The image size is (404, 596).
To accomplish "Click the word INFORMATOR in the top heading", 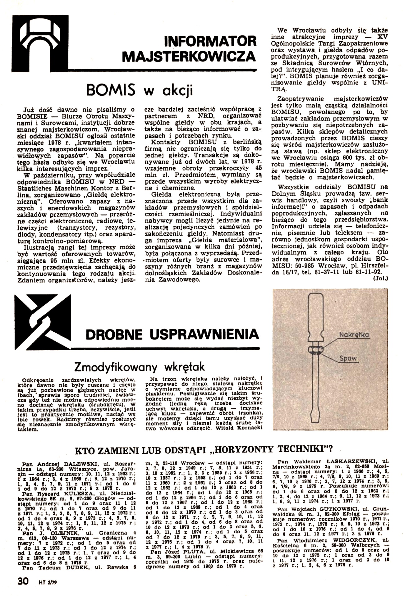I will (x=210, y=41).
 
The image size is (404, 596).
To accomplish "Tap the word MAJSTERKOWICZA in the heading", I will (x=189, y=57).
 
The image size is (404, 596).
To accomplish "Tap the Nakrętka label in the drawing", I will (x=354, y=335).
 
